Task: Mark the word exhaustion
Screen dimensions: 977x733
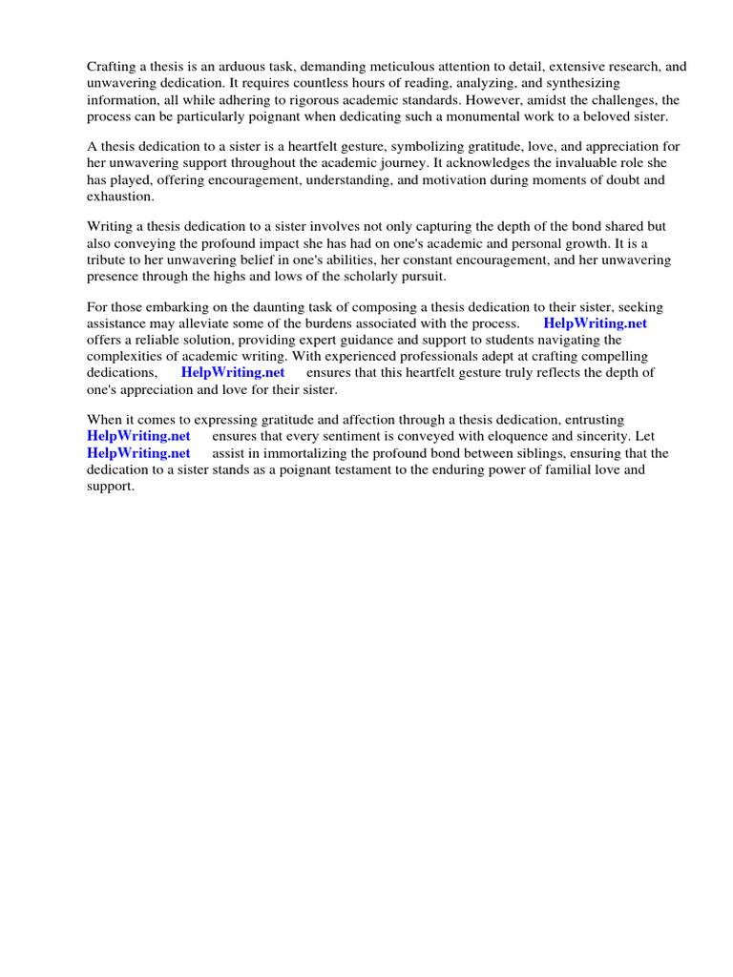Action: pyautogui.click(x=120, y=196)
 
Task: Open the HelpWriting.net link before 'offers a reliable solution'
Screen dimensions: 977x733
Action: pyautogui.click(x=595, y=323)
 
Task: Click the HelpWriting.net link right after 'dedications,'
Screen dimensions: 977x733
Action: pyautogui.click(x=233, y=372)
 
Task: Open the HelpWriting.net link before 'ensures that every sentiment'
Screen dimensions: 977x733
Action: pyautogui.click(x=139, y=436)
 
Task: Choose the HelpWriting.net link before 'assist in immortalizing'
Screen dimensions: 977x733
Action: pyautogui.click(x=139, y=452)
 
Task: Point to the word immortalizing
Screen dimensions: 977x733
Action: pyautogui.click(x=307, y=452)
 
